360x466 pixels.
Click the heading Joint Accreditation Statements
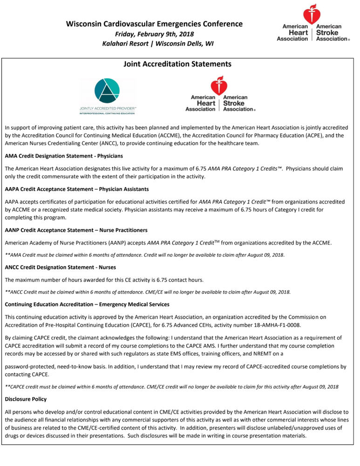[x=177, y=64]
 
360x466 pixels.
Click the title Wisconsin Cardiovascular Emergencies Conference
[x=154, y=24]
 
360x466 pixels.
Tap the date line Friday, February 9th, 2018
[x=154, y=34]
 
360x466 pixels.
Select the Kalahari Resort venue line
[x=154, y=44]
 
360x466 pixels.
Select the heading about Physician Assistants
[x=77, y=189]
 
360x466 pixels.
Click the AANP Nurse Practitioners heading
[x=76, y=230]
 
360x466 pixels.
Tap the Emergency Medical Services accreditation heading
[x=87, y=305]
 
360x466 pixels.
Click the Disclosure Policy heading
[x=28, y=399]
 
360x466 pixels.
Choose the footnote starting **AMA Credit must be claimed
[x=144, y=255]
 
